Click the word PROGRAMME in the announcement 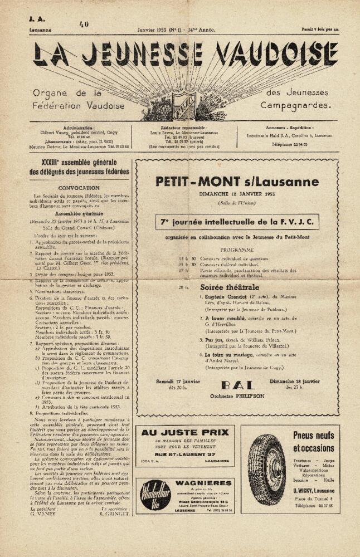point(237,250)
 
